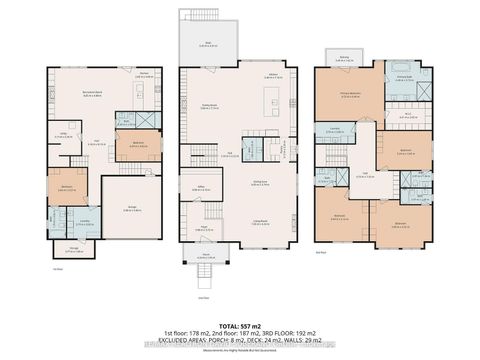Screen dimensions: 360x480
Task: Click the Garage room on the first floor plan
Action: pos(133,208)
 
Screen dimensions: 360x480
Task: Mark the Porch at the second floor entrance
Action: pos(204,254)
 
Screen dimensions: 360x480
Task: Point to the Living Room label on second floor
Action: pos(259,224)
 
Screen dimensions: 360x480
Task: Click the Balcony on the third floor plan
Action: pos(345,60)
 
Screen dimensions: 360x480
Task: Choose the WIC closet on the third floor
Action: pos(407,115)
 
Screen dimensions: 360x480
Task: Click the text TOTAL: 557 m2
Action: pos(239,325)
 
